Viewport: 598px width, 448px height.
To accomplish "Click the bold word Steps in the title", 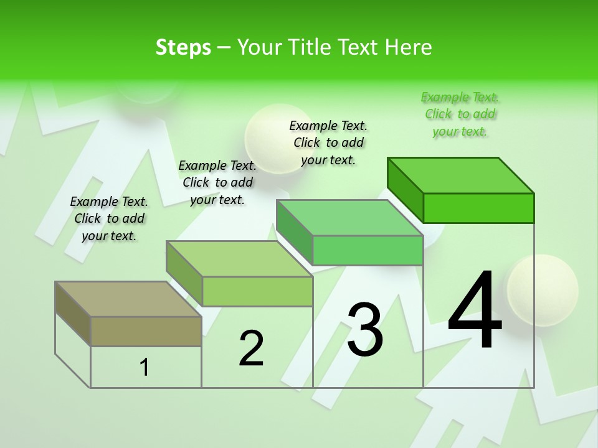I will tap(183, 47).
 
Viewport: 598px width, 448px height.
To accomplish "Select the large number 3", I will tap(365, 329).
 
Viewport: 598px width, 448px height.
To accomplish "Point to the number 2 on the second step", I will tap(251, 348).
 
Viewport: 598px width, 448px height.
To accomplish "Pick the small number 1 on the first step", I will tap(145, 367).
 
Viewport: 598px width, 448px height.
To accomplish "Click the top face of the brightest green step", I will tap(461, 175).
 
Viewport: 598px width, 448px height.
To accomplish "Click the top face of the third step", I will tap(350, 218).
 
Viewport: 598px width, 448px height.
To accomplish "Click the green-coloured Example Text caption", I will tap(460, 114).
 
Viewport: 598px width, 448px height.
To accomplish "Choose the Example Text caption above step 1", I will tap(109, 218).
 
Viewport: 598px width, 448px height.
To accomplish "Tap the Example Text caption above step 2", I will tap(217, 182).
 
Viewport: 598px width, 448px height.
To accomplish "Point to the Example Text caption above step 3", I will tap(328, 142).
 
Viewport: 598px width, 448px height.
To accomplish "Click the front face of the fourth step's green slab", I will tap(478, 208).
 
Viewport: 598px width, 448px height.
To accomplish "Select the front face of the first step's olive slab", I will tap(146, 331).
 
